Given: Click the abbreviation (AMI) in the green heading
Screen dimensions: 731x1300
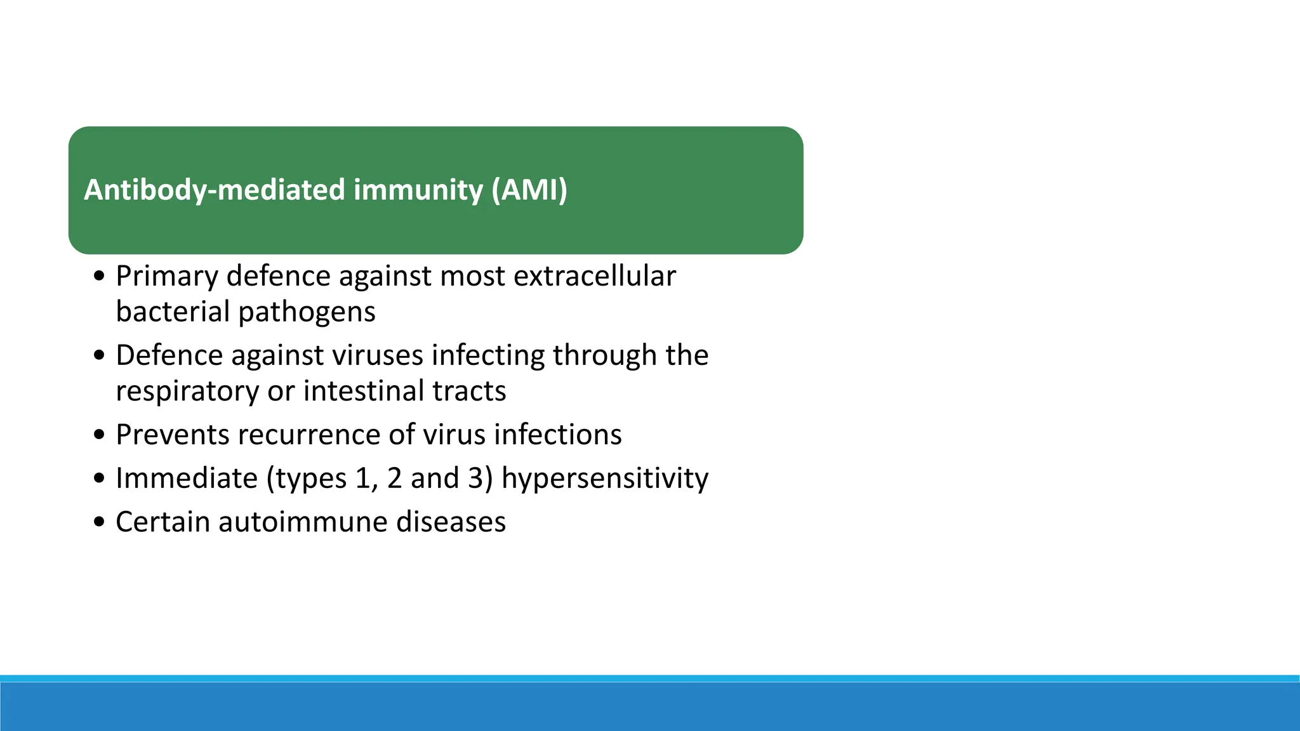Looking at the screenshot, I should pyautogui.click(x=529, y=190).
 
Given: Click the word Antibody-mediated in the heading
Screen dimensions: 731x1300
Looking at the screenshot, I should pyautogui.click(x=215, y=190).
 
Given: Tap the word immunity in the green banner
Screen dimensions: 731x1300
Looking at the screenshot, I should pyautogui.click(x=418, y=190).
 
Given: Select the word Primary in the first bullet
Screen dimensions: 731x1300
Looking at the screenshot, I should pyautogui.click(x=166, y=277).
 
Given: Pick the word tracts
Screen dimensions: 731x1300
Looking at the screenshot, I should pyautogui.click(x=469, y=392).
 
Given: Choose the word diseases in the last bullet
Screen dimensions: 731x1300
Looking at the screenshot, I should pyautogui.click(x=451, y=522).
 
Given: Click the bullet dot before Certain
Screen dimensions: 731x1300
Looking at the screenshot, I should pyautogui.click(x=98, y=522).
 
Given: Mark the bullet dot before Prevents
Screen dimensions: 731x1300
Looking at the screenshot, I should pyautogui.click(x=98, y=435).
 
